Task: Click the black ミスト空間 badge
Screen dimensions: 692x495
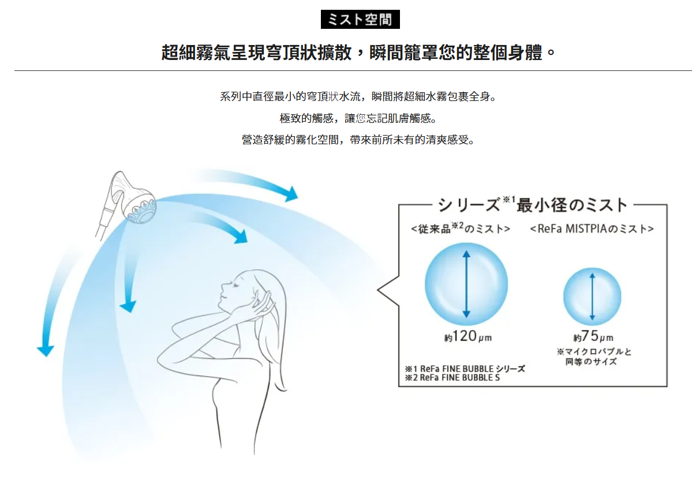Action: (x=360, y=20)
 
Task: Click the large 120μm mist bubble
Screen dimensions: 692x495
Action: (x=466, y=284)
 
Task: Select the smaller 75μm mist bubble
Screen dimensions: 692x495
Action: (x=592, y=297)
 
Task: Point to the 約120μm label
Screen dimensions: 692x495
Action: (x=468, y=336)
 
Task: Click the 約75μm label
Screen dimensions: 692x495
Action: (x=593, y=336)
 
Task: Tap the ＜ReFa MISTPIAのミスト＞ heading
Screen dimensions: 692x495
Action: (x=592, y=228)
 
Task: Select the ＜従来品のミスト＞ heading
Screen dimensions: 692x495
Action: (x=461, y=228)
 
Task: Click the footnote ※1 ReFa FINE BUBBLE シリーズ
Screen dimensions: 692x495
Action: (x=465, y=369)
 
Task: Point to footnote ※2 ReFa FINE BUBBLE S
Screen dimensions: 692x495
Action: (x=452, y=378)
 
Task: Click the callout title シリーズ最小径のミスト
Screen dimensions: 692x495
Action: (x=532, y=205)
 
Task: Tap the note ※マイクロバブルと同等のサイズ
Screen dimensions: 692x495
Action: (x=594, y=357)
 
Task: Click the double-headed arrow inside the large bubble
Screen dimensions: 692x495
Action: (x=466, y=284)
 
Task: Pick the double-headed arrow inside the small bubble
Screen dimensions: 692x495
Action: (x=592, y=297)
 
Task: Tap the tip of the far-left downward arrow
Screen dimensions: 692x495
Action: (x=44, y=356)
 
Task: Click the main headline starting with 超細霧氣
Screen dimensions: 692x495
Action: (x=358, y=52)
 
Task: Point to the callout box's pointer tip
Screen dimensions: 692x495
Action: (x=378, y=290)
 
